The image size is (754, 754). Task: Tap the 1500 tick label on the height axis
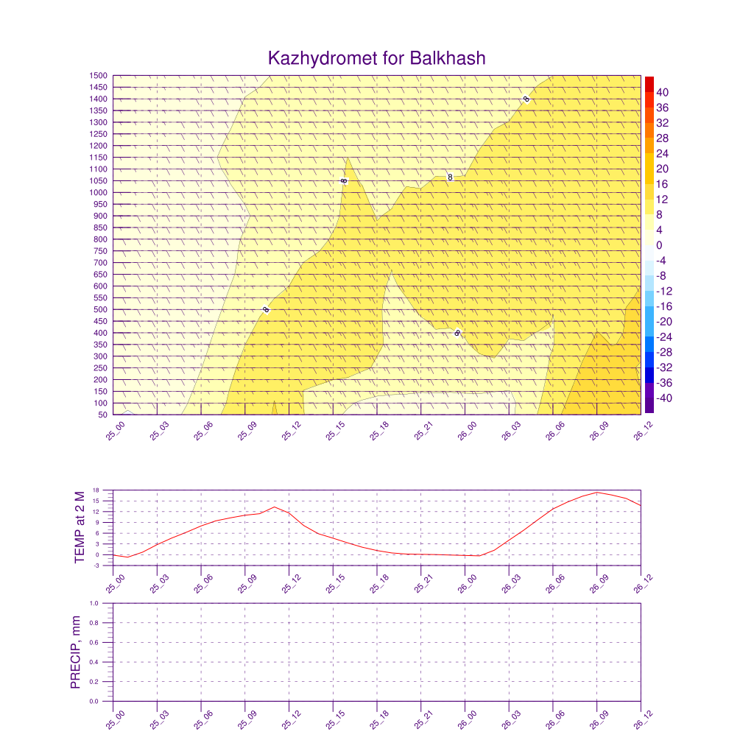(99, 76)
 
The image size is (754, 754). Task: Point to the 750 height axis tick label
(100, 251)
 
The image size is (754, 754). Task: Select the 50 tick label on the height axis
(102, 415)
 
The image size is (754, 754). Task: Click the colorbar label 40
(663, 92)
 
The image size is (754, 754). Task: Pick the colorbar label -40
(661, 398)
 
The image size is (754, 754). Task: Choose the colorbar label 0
(659, 245)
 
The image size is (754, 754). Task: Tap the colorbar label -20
(661, 322)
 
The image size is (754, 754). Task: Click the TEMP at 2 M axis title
(80, 526)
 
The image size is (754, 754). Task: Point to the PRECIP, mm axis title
(75, 652)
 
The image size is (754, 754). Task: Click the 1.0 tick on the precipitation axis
(104, 603)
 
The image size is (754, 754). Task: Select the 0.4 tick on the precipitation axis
(104, 662)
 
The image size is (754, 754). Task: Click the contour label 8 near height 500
(266, 310)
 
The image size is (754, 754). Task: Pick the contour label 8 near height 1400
(526, 99)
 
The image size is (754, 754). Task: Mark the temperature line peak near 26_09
(597, 493)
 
